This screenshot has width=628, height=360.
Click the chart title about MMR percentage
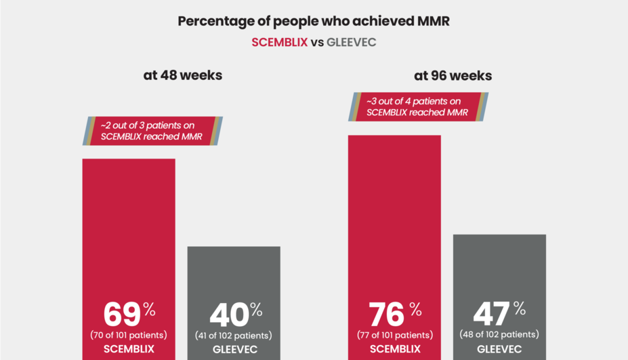(314, 21)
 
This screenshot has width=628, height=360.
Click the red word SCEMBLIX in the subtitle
(280, 42)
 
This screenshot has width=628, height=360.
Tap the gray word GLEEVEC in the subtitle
(351, 42)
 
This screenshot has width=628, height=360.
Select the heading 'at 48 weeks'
(182, 75)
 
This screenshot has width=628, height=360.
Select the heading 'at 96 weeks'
(453, 75)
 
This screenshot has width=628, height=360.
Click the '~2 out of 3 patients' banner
(153, 131)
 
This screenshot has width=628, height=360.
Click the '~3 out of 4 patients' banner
(418, 106)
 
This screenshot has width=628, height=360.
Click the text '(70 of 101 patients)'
(129, 335)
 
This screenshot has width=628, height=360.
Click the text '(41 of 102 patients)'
(234, 336)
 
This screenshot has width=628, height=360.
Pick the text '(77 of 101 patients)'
(394, 335)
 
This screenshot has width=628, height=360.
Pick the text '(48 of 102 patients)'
(499, 335)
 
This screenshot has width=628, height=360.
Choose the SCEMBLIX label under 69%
(129, 349)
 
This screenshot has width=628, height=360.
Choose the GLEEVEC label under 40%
(234, 350)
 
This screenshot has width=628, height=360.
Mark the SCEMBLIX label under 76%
(394, 349)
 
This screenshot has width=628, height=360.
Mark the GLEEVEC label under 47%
(499, 350)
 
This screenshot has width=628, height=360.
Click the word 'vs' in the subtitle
(317, 42)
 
